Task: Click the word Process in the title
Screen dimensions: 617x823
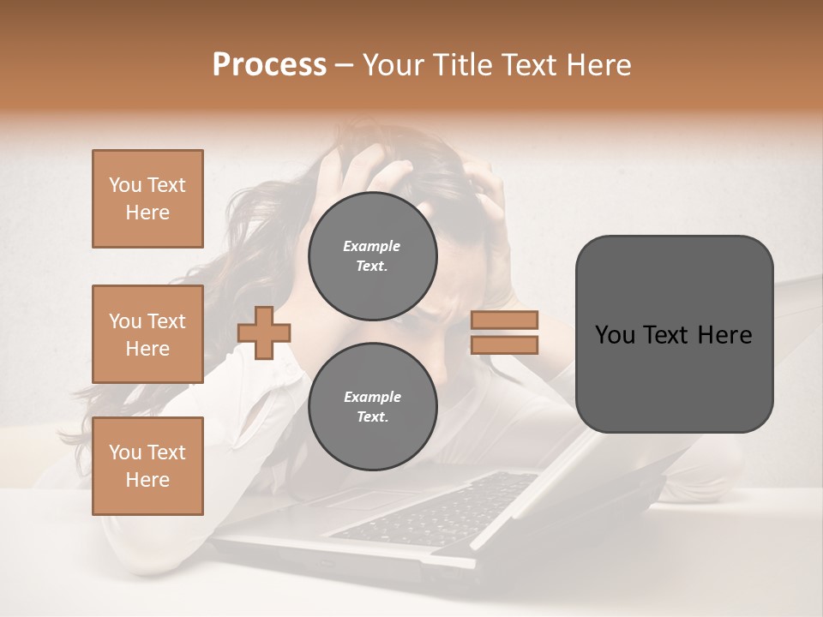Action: [269, 65]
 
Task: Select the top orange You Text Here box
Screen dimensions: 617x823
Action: [147, 199]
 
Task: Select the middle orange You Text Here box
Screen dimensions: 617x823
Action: [147, 334]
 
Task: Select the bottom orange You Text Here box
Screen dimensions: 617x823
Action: [147, 466]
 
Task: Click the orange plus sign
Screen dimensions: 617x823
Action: [264, 332]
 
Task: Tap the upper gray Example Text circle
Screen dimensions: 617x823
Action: [372, 256]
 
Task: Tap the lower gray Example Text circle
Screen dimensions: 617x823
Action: [372, 407]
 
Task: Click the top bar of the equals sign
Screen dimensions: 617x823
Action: [504, 320]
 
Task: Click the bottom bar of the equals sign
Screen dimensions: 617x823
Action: [504, 344]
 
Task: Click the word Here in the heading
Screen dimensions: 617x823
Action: [599, 65]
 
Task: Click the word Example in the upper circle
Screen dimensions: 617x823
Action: [372, 246]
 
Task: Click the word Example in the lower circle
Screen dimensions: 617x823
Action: [372, 397]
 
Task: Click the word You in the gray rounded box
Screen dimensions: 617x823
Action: [614, 335]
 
